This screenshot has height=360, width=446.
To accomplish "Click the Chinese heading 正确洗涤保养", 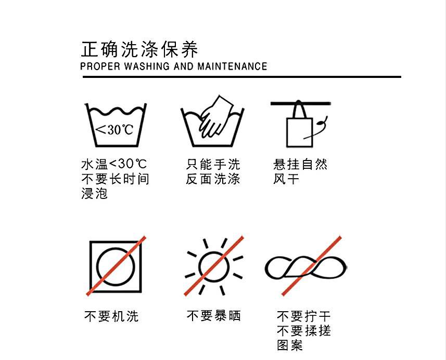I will (x=139, y=50).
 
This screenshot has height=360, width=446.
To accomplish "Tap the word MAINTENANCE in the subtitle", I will (x=232, y=66).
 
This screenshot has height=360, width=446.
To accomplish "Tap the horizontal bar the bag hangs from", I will (x=301, y=103).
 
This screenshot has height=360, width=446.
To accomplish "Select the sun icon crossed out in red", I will (x=213, y=265).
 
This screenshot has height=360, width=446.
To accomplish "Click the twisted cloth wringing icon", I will (x=305, y=268).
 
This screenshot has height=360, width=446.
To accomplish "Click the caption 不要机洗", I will (x=111, y=316).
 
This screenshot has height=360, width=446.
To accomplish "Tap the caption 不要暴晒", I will (x=213, y=316).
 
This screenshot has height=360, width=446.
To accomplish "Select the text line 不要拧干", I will (x=303, y=316).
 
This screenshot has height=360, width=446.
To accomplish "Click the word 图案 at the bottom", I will (x=290, y=345).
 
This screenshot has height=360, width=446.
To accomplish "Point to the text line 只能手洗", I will (x=213, y=165).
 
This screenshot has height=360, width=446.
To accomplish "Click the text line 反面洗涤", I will (x=213, y=179).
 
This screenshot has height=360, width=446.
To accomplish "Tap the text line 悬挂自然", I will (x=300, y=165).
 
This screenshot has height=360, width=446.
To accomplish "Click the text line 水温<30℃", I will (x=114, y=165).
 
